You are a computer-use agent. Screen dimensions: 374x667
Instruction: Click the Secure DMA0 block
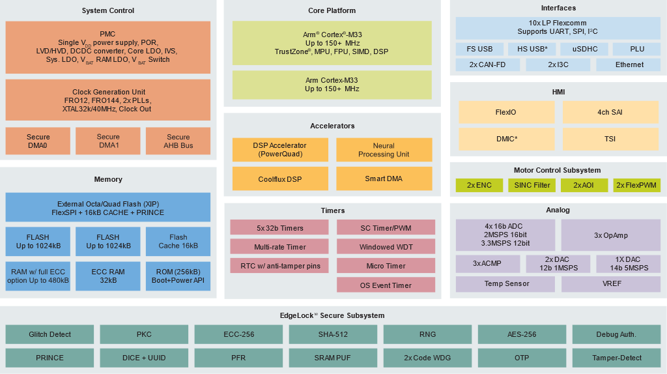pos(38,141)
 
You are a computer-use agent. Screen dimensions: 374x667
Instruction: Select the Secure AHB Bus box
pos(178,141)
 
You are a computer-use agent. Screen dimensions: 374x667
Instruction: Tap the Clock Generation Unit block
pos(108,100)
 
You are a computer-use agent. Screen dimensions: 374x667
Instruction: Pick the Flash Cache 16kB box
pos(178,241)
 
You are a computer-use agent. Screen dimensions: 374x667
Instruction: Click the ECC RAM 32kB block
pos(108,276)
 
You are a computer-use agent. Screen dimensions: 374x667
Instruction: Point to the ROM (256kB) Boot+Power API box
pos(178,276)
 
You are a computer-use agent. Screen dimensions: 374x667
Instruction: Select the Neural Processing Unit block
pos(384,150)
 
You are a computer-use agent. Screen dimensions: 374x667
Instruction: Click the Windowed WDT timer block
pos(386,247)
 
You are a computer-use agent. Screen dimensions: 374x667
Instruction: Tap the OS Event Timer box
pos(386,285)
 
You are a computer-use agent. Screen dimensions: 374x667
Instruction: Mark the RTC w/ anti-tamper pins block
pos(279,266)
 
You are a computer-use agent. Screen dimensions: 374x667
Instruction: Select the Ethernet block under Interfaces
pos(629,65)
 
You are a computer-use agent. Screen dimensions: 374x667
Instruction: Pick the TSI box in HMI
pos(610,139)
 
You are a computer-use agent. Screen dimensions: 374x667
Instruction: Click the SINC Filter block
pos(532,186)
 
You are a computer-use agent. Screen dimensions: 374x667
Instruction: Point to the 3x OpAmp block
pos(610,235)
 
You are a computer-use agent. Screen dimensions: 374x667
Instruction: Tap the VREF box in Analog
pos(610,284)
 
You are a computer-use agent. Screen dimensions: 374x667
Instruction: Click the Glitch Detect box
pos(50,334)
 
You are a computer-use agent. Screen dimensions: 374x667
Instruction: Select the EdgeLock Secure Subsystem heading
pos(332,315)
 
